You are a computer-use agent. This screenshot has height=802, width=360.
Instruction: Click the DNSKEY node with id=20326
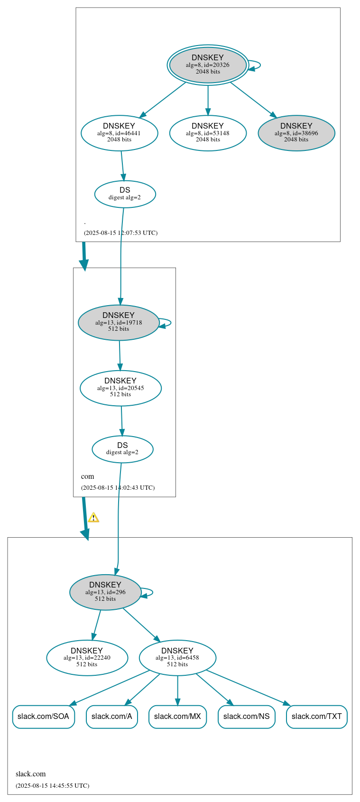pyautogui.click(x=208, y=65)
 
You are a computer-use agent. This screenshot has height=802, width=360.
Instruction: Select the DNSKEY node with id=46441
pyautogui.click(x=119, y=133)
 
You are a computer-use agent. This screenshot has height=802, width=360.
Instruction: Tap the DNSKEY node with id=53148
pyautogui.click(x=208, y=133)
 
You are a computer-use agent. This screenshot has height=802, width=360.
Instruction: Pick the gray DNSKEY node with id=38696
pyautogui.click(x=296, y=133)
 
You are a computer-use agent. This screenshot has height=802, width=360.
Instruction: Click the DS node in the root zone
pyautogui.click(x=125, y=194)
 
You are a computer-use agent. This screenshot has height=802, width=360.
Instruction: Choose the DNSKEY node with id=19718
pyautogui.click(x=119, y=323)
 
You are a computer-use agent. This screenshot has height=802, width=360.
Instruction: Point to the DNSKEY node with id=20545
pyautogui.click(x=120, y=388)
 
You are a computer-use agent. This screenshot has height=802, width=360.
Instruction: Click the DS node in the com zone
pyautogui.click(x=122, y=449)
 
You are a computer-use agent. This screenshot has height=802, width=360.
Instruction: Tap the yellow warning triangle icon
pyautogui.click(x=93, y=518)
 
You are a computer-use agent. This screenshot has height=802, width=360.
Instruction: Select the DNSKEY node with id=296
pyautogui.click(x=105, y=592)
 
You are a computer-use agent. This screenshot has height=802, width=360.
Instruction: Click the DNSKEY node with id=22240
pyautogui.click(x=87, y=658)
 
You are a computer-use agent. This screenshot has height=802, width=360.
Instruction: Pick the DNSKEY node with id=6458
pyautogui.click(x=177, y=658)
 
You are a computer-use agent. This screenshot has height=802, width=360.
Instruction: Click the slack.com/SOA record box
pyautogui.click(x=43, y=717)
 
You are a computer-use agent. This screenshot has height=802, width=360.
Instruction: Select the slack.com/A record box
pyautogui.click(x=112, y=717)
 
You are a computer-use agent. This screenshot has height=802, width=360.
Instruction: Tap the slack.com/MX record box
pyautogui.click(x=177, y=717)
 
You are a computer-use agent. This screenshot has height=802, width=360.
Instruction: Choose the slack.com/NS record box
pyautogui.click(x=246, y=717)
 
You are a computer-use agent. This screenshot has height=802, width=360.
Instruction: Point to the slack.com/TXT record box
pyautogui.click(x=316, y=717)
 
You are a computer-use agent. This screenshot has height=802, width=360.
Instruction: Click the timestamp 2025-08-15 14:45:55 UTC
pyautogui.click(x=52, y=786)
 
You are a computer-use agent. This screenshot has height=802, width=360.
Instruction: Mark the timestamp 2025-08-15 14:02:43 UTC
pyautogui.click(x=118, y=488)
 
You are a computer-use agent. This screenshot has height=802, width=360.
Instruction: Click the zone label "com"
pyautogui.click(x=88, y=476)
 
